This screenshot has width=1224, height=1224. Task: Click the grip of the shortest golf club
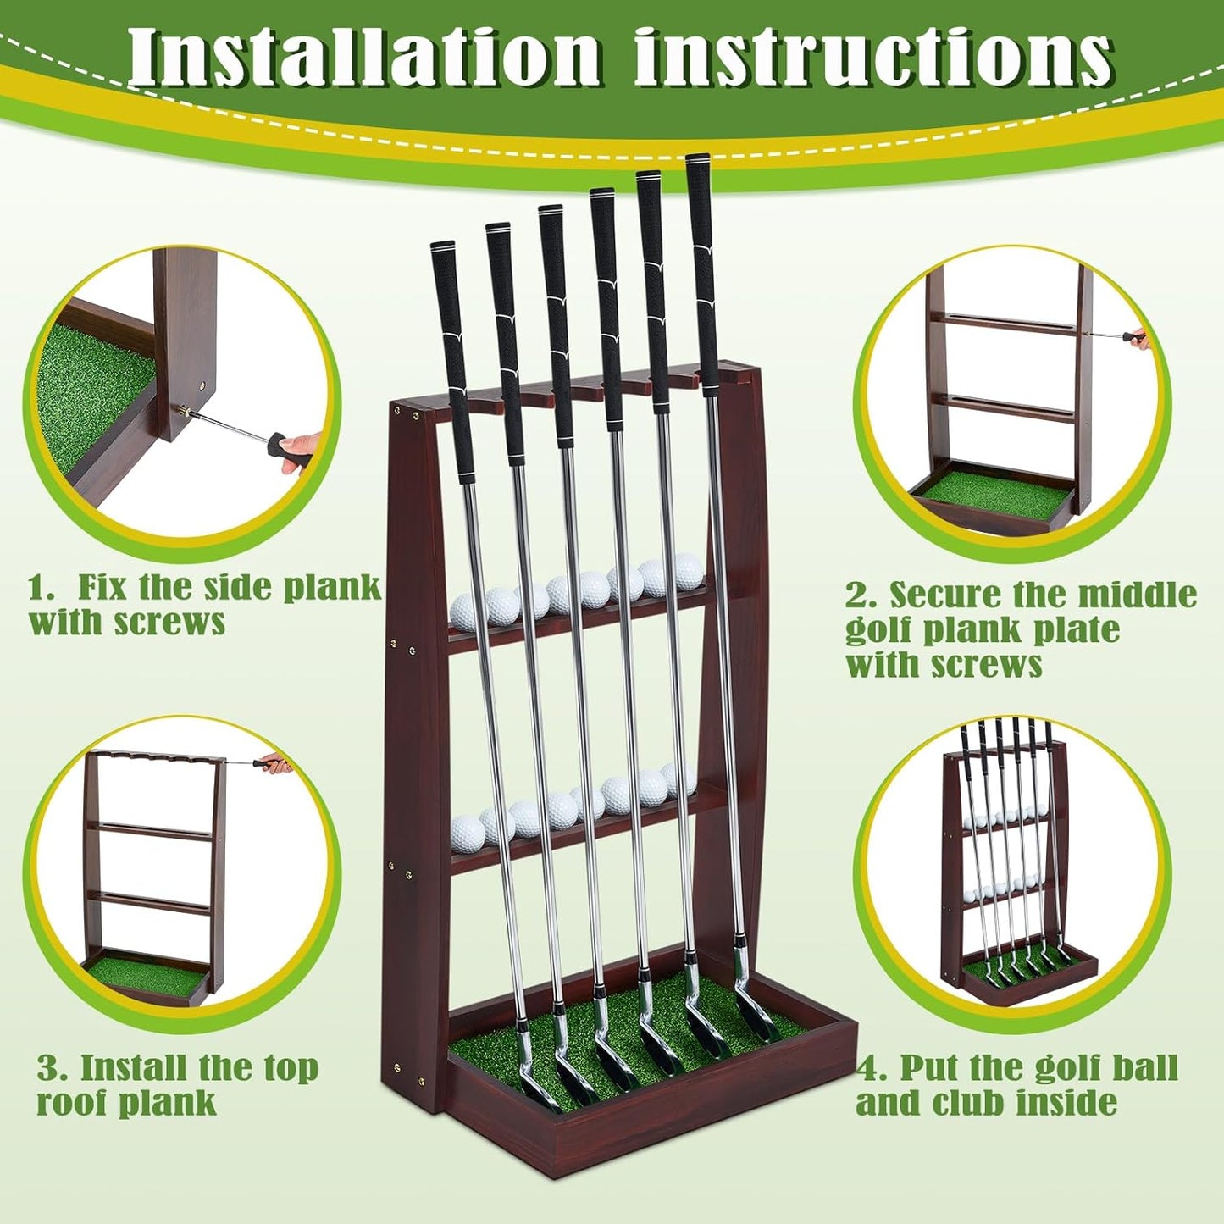pyautogui.click(x=453, y=356)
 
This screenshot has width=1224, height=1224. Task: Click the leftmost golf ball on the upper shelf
pyautogui.click(x=466, y=610)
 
